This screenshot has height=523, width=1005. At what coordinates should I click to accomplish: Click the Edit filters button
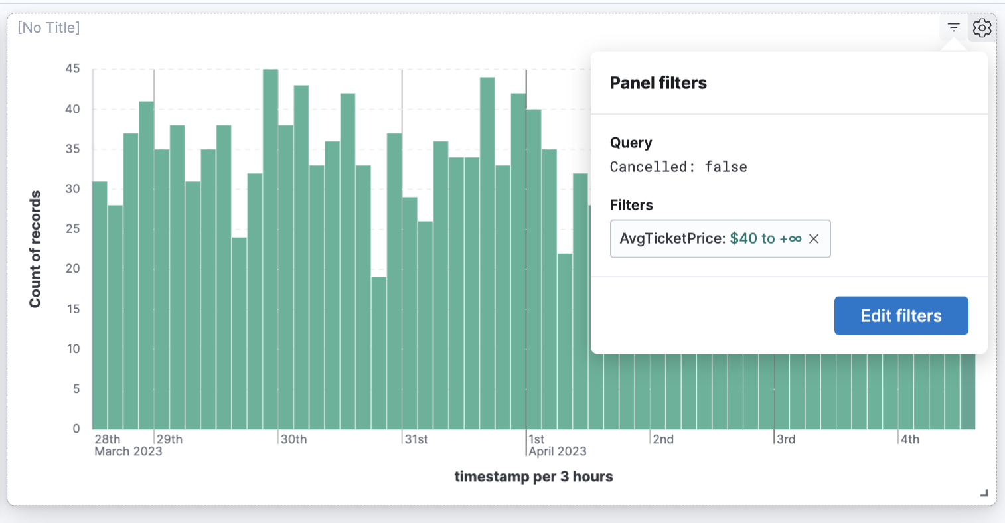[901, 316]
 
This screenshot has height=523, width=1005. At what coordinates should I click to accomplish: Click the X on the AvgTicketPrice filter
[814, 239]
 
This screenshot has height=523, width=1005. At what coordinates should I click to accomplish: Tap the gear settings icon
[982, 28]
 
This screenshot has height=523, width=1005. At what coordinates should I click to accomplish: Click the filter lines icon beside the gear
[953, 28]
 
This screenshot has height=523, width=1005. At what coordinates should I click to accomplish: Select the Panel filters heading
[658, 83]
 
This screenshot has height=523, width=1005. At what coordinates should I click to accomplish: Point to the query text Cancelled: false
[678, 167]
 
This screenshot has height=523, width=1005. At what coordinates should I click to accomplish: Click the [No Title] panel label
[48, 27]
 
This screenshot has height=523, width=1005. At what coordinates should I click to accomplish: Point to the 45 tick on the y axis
[73, 68]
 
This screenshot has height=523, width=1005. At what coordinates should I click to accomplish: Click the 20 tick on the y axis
[73, 269]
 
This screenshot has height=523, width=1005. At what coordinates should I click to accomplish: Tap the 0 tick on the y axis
[76, 429]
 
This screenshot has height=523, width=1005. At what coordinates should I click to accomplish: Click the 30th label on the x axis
[293, 439]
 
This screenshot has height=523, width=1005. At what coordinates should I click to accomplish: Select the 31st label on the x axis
[417, 439]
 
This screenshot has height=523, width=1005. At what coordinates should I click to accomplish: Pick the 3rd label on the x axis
[786, 439]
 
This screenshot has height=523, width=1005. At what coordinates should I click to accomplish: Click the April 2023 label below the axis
[558, 451]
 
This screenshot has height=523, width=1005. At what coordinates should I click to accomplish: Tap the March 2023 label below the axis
[128, 451]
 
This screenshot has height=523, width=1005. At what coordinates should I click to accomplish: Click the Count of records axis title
[35, 249]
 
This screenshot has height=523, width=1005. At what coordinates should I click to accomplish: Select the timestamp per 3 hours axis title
[534, 477]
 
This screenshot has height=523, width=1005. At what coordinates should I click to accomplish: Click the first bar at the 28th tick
[100, 305]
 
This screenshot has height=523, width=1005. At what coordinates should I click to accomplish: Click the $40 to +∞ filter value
[765, 239]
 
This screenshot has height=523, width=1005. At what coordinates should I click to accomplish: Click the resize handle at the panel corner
[984, 493]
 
